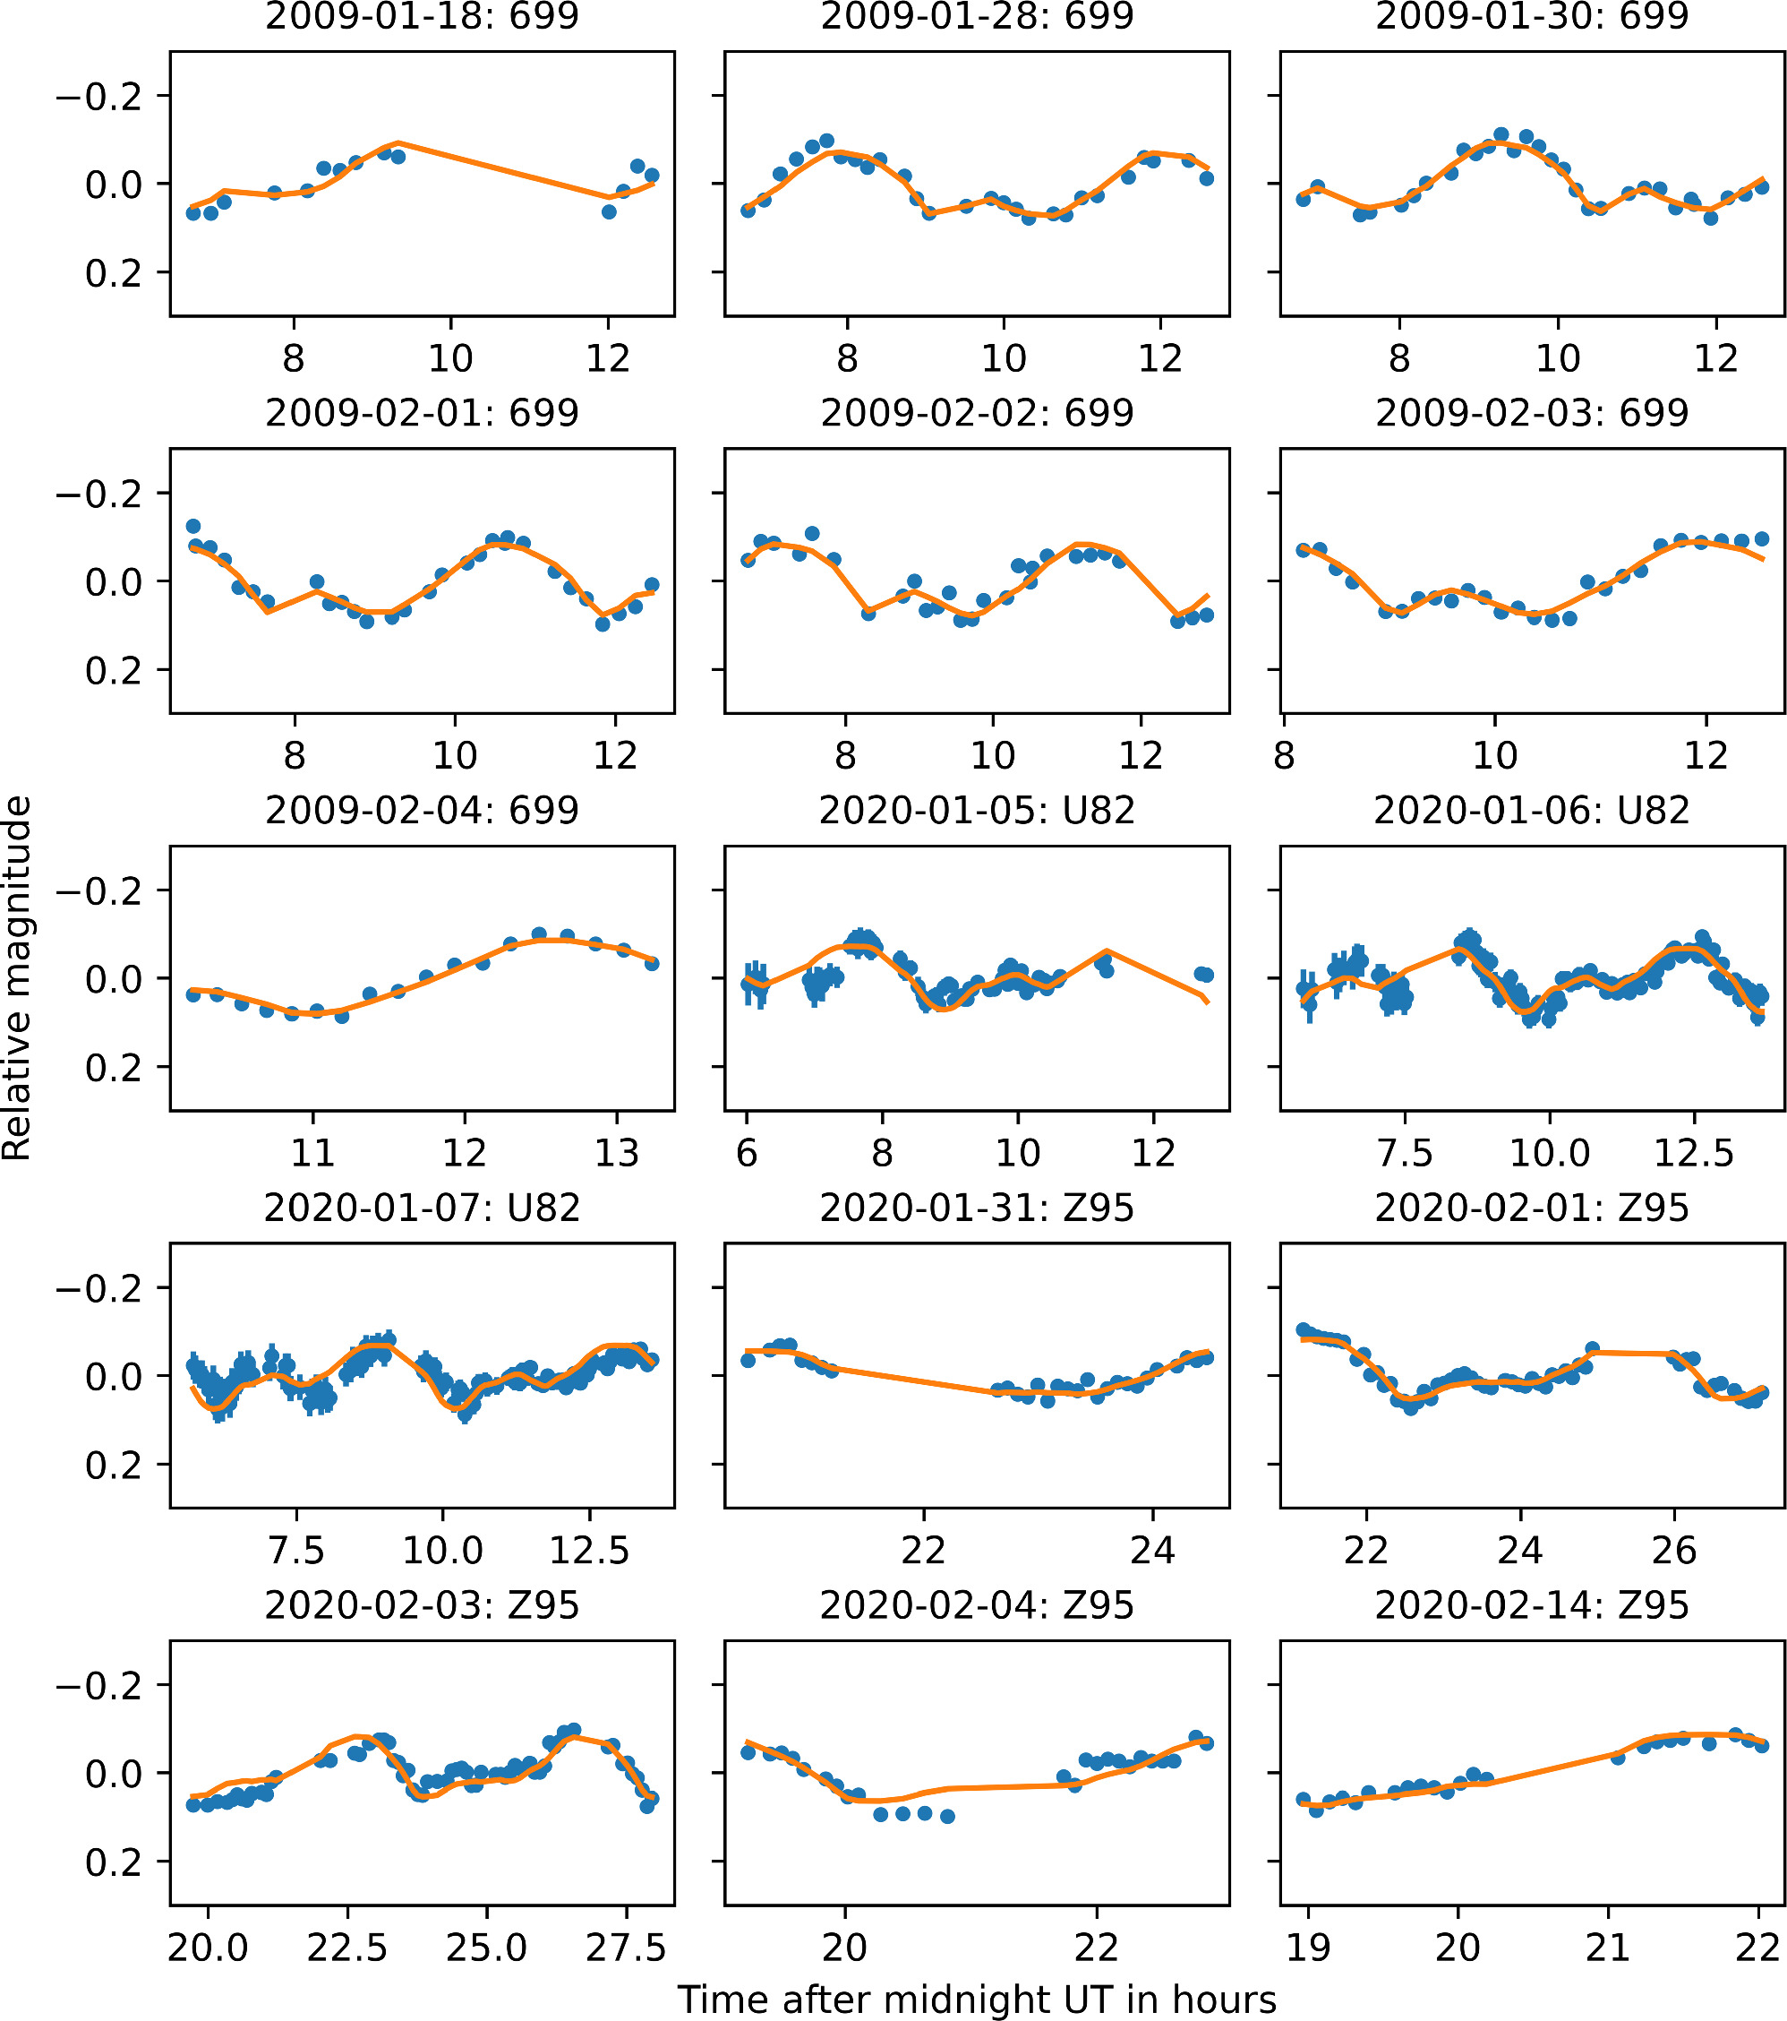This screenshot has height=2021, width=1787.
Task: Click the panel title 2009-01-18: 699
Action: (422, 17)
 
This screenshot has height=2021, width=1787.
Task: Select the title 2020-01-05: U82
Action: (977, 811)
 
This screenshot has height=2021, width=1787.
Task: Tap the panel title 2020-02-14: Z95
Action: (1532, 1604)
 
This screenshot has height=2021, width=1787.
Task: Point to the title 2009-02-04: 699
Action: (422, 811)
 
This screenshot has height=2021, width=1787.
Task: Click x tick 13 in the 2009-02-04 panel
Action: (617, 1153)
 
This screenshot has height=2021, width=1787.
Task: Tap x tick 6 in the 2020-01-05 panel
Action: (748, 1153)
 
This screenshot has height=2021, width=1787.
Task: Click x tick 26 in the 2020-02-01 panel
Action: (1674, 1551)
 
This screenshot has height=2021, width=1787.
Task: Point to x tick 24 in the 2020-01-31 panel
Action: (1152, 1551)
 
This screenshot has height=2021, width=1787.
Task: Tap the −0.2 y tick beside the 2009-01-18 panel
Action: (98, 96)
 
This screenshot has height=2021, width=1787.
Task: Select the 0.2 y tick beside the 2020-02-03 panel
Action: (114, 1862)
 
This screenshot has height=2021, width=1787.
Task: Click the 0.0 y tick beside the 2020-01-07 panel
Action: (114, 1376)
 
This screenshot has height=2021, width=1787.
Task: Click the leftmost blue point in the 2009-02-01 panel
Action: (193, 526)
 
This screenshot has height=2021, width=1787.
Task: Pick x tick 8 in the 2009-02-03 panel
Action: (1284, 756)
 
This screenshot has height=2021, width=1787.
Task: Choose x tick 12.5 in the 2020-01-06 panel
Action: (1694, 1153)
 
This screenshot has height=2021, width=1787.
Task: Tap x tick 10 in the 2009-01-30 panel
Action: (1558, 358)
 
